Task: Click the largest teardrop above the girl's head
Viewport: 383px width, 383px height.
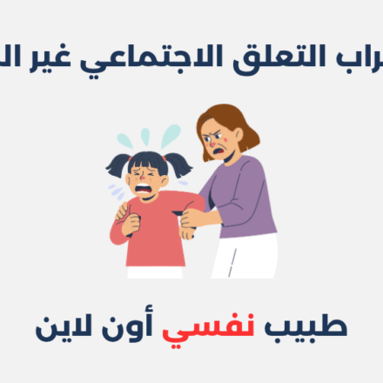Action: coord(171,136)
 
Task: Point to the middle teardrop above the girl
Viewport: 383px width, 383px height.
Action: coord(145,136)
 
